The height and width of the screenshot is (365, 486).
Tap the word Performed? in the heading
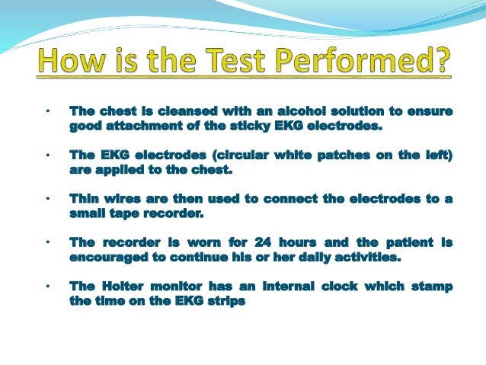pos(363,62)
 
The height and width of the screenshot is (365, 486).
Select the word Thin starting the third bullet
pos(83,199)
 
